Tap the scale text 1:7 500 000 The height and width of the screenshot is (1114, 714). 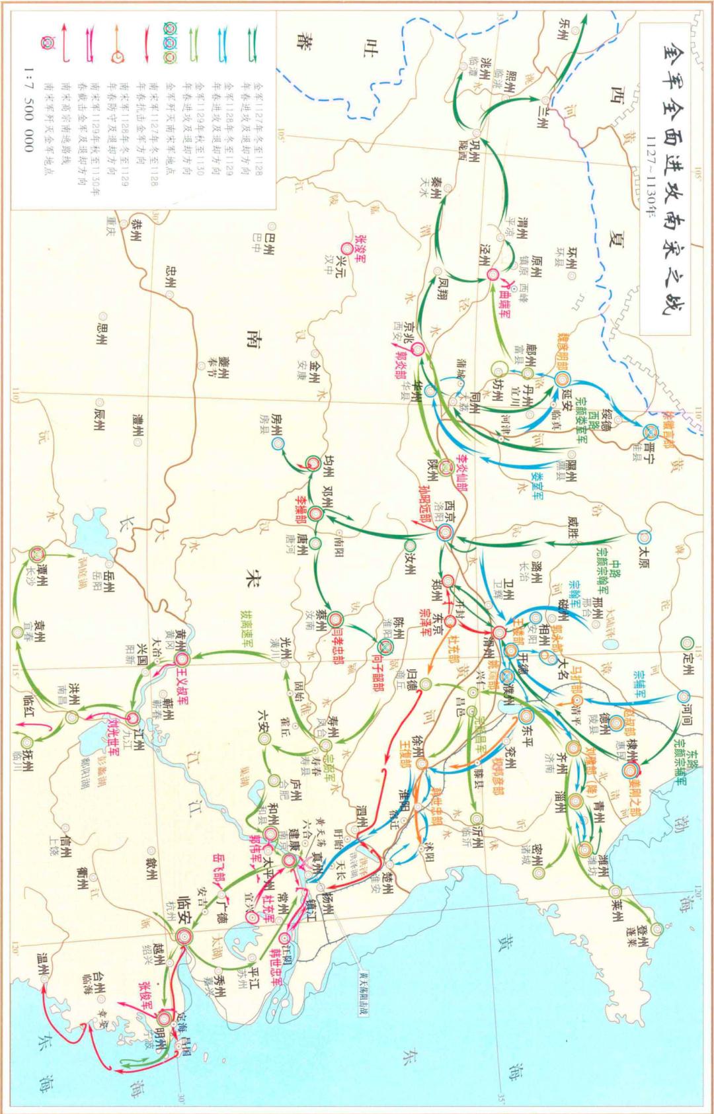click(x=28, y=110)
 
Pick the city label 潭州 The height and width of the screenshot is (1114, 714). click(x=44, y=575)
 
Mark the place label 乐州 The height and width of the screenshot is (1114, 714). click(x=563, y=30)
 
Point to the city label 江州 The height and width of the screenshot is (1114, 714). click(x=138, y=743)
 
